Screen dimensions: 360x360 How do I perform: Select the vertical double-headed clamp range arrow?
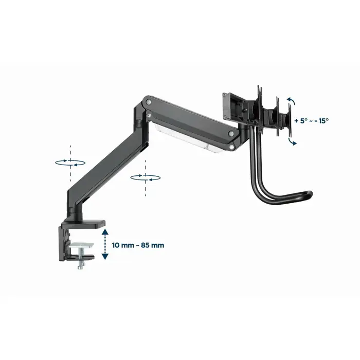[105, 245]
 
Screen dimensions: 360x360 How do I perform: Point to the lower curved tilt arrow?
[292, 141]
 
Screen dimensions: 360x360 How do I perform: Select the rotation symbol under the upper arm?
[146, 177]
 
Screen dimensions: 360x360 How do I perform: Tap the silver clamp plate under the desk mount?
[82, 246]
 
